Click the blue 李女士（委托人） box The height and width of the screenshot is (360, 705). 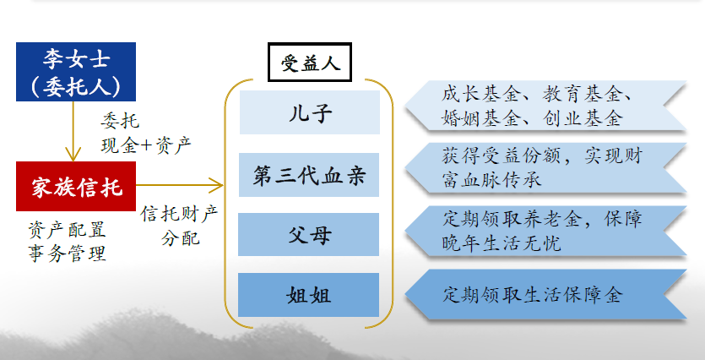point(76,72)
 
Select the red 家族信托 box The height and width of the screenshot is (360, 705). point(76,186)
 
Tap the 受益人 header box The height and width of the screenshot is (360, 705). point(310,62)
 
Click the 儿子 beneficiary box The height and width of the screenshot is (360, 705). point(310,112)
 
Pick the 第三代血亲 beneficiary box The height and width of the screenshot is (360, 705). point(309,175)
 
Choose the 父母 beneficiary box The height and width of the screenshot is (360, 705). point(308,234)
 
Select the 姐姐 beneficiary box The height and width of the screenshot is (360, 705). point(308,295)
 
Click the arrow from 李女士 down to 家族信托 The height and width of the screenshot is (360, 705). point(73,131)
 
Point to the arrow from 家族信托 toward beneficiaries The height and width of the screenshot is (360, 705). point(179,185)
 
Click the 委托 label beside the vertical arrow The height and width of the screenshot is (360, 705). point(120,121)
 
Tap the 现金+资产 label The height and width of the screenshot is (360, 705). point(146,145)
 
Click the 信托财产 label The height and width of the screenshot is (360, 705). point(179,214)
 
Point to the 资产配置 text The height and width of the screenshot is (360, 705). point(67,230)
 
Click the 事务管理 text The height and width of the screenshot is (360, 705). point(67,254)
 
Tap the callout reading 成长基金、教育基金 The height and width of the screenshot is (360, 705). point(545,106)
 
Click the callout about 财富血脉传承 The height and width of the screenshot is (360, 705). point(545,168)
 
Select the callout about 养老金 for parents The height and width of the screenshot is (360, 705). point(545,232)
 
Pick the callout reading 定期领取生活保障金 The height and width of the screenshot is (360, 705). point(545,295)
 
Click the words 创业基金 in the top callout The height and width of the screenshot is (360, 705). point(583,118)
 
